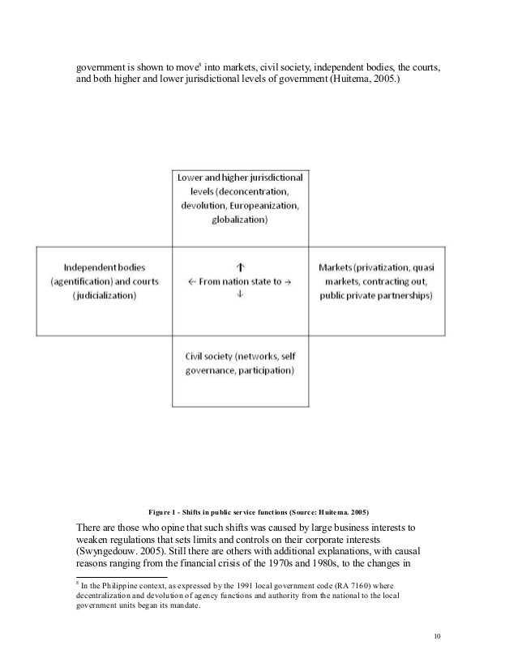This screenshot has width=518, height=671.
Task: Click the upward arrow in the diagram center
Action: pos(240,265)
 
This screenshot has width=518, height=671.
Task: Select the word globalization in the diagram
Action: pos(240,220)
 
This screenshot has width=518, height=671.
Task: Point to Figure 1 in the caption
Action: pos(166,511)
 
